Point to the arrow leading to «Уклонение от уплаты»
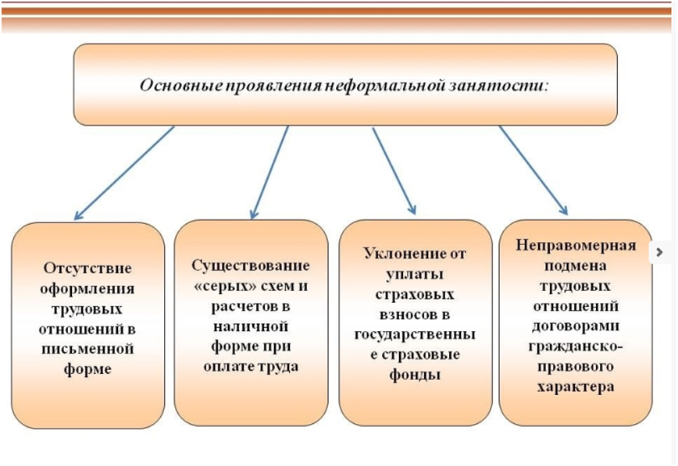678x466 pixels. pyautogui.click(x=394, y=170)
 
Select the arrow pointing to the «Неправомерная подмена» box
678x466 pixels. pyautogui.click(x=533, y=170)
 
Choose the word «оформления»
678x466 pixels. pyautogui.click(x=87, y=288)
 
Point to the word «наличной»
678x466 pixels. pyautogui.click(x=250, y=326)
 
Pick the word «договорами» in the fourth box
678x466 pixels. pyautogui.click(x=576, y=325)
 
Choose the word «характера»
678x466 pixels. pyautogui.click(x=576, y=386)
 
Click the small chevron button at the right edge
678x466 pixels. pyautogui.click(x=661, y=252)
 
